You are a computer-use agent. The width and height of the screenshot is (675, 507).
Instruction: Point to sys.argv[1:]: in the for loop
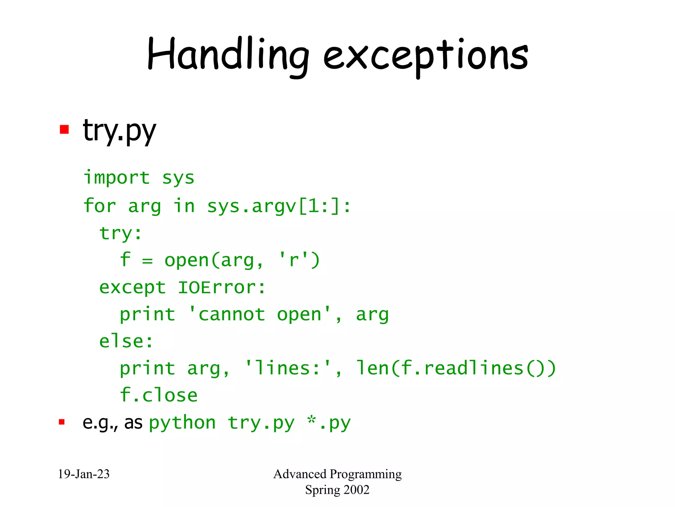click(x=279, y=206)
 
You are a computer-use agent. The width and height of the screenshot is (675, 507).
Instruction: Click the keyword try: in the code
click(x=120, y=234)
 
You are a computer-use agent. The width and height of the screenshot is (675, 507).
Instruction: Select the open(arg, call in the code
click(x=214, y=260)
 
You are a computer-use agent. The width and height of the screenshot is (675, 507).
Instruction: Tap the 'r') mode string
click(x=299, y=260)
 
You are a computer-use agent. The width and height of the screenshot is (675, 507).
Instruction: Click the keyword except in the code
click(x=132, y=287)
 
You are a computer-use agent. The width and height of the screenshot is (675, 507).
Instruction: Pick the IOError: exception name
click(x=221, y=287)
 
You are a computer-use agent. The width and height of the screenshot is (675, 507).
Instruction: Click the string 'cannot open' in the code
click(x=259, y=314)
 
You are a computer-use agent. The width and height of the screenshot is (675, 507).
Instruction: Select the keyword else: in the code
click(x=126, y=341)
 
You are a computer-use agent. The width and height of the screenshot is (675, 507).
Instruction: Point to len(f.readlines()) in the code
click(x=456, y=368)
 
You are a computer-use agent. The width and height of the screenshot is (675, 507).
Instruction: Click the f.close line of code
click(x=159, y=395)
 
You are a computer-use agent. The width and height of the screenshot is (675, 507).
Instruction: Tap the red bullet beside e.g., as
click(x=62, y=422)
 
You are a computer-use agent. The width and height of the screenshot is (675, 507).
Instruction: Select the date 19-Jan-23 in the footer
click(x=84, y=474)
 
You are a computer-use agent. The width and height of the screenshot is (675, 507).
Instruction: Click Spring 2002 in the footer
click(x=337, y=490)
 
